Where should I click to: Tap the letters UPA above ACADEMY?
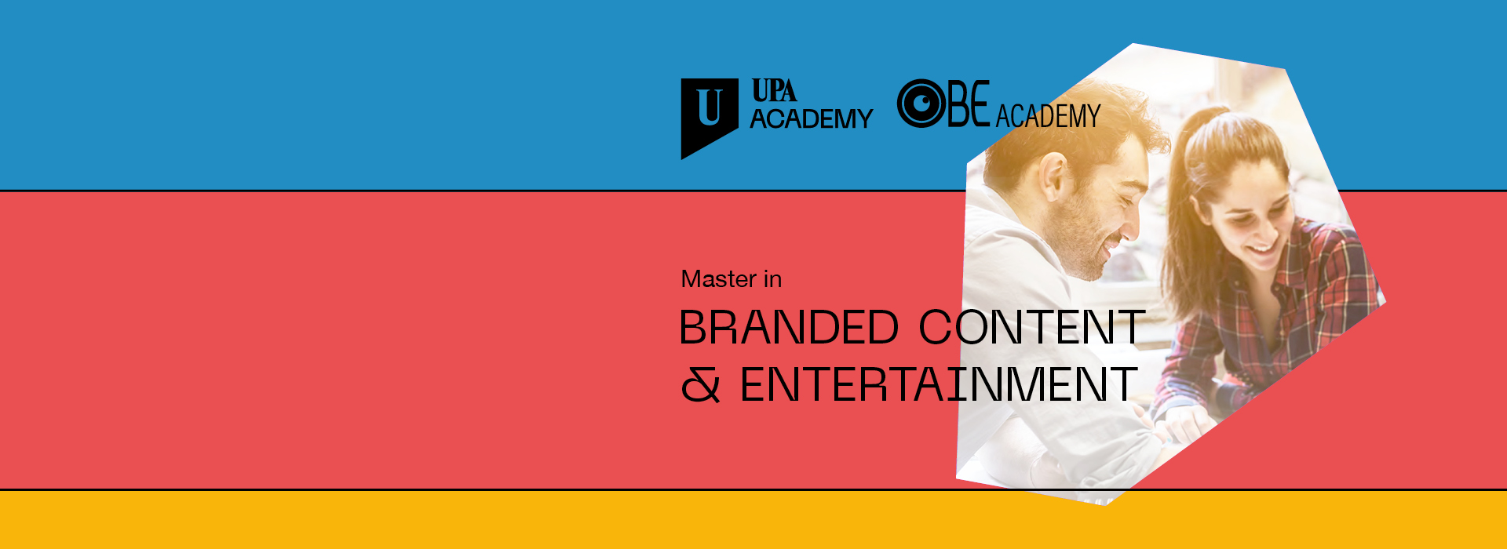[774, 91]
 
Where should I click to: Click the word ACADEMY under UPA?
[812, 118]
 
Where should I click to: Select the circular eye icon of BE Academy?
[921, 104]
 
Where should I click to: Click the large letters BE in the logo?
[969, 104]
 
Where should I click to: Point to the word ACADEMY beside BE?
[1048, 116]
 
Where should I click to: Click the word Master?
[719, 279]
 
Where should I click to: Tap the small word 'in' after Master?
[773, 279]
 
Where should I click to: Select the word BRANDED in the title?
[789, 327]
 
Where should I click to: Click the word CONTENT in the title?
[1032, 327]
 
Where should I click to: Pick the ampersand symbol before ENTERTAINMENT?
[700, 385]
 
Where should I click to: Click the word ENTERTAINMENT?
[939, 384]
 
